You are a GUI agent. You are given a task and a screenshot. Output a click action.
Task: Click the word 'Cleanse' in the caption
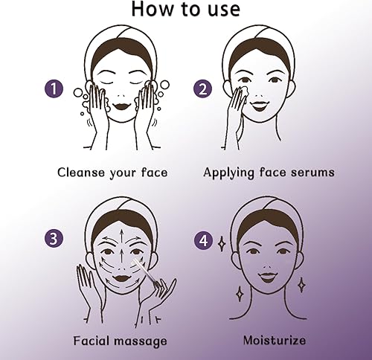(x=83, y=173)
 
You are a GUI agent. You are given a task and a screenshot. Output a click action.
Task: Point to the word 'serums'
(x=311, y=173)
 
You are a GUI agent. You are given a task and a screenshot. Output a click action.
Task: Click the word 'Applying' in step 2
(x=230, y=173)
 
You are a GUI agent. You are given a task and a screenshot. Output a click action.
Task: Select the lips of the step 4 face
(x=267, y=277)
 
